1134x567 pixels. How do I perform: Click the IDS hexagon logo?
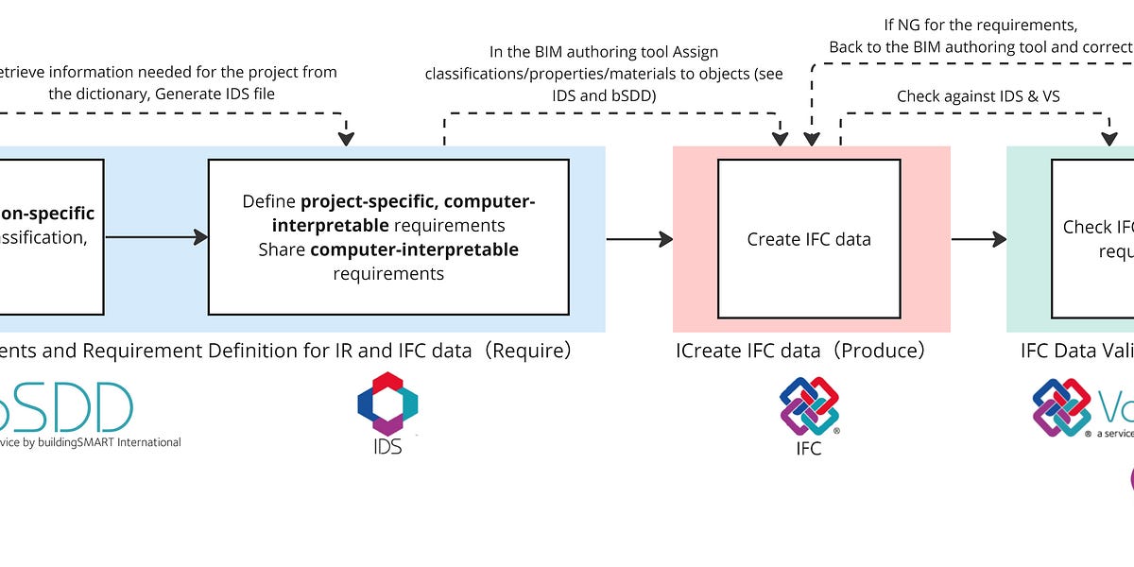point(387,404)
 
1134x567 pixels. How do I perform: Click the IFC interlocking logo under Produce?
point(809,406)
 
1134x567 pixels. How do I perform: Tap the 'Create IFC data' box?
point(809,239)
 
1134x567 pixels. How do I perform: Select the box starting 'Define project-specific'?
point(387,237)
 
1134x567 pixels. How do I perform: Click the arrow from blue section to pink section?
point(639,239)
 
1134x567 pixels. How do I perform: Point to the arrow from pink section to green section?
point(978,239)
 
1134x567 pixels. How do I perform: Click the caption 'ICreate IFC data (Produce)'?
point(799,351)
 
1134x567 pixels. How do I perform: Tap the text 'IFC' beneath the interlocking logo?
point(809,448)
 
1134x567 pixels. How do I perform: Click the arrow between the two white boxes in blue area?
point(156,237)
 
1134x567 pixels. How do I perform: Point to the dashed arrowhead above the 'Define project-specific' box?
point(346,138)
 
